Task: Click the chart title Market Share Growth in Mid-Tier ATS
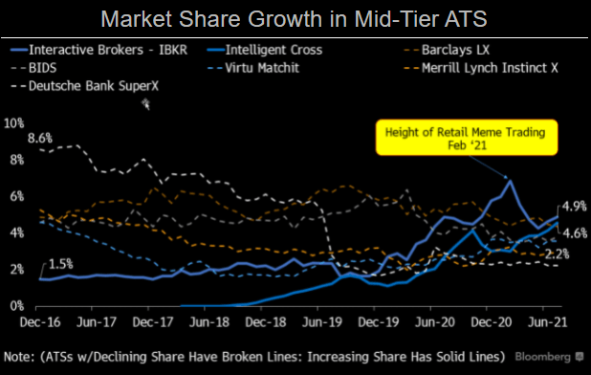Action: coord(295,17)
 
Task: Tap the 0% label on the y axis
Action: coord(16,306)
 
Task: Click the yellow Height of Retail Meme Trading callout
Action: coord(465,138)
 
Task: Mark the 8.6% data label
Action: coord(41,140)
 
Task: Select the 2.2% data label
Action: coord(560,254)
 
